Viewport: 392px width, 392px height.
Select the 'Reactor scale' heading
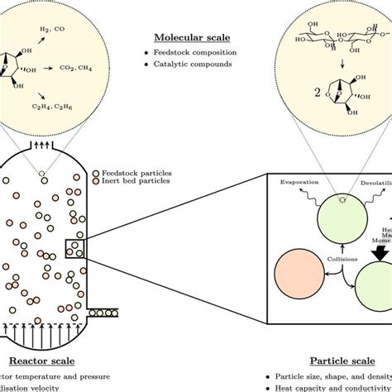(x=41, y=361)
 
